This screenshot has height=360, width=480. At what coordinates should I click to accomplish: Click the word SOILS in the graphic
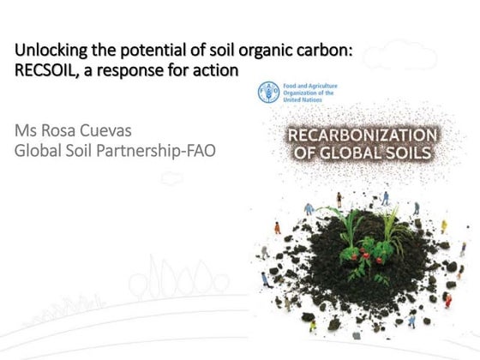407,154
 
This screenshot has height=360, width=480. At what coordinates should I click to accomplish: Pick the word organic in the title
268,51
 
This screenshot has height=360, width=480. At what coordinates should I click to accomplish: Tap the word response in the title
138,69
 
